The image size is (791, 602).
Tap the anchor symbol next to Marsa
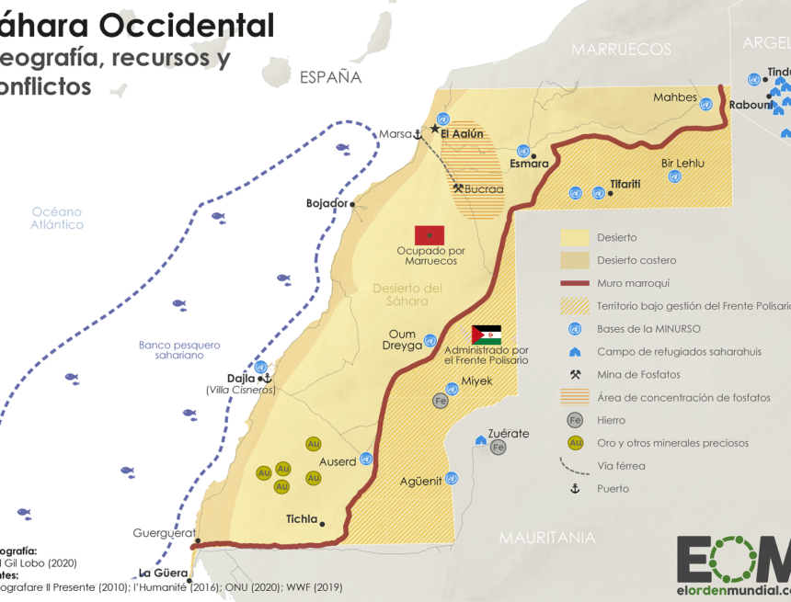(x=417, y=134)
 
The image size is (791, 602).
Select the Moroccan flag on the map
(x=430, y=233)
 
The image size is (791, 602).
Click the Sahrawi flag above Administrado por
(x=487, y=335)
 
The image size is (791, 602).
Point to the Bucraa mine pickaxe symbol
(x=456, y=188)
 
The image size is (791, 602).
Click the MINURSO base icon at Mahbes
(x=707, y=104)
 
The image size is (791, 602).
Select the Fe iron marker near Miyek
(x=440, y=401)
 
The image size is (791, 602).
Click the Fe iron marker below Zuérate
(x=499, y=448)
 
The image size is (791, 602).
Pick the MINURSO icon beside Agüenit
(x=451, y=479)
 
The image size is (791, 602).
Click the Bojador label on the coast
(x=327, y=203)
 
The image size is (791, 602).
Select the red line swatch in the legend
(x=575, y=283)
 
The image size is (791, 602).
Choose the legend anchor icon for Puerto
(x=575, y=488)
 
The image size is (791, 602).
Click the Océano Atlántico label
(x=56, y=218)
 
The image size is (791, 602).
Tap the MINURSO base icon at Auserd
(x=365, y=459)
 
